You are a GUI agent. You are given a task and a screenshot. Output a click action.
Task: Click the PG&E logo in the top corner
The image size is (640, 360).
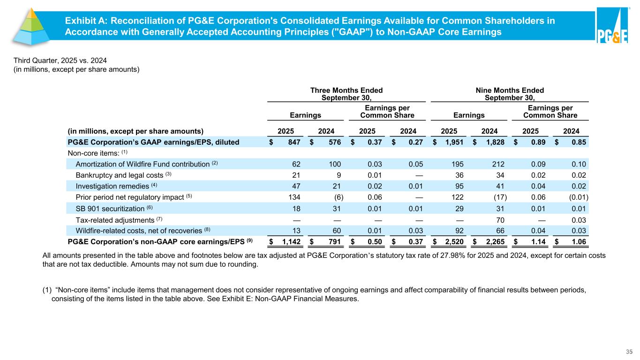pos(612,27)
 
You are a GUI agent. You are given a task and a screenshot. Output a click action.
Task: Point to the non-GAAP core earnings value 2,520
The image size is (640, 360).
pos(452,242)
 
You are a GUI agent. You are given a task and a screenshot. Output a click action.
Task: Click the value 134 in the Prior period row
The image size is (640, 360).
pos(294,196)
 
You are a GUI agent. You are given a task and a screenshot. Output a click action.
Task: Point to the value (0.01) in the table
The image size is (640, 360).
pos(579,196)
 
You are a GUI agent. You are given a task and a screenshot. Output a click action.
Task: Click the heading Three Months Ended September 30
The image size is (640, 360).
pos(346,94)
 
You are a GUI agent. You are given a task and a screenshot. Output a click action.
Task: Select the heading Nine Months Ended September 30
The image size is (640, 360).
pos(510,94)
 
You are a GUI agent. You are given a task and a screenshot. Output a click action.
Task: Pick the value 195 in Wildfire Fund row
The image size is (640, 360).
pos(456,164)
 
